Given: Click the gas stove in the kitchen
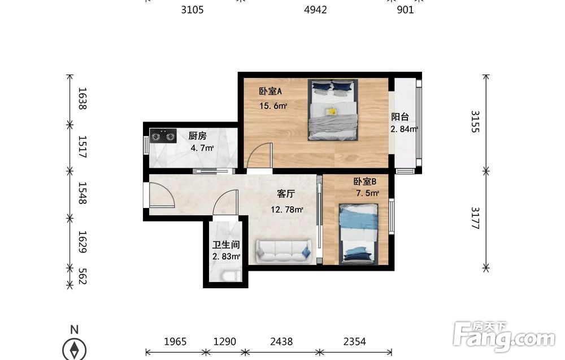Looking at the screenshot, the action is click(163, 136).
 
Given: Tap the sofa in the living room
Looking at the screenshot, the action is click(284, 251).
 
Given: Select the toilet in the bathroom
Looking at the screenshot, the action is click(231, 276).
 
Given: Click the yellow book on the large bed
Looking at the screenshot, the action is click(331, 112).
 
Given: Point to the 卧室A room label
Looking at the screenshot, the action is click(270, 91).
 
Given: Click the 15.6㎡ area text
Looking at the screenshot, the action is click(273, 106).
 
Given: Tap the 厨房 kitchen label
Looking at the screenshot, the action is click(197, 136).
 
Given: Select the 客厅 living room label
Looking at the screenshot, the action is click(286, 194).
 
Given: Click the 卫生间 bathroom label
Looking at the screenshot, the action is click(226, 245).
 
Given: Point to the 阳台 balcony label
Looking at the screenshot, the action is click(400, 117).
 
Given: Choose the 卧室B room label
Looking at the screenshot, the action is click(364, 181).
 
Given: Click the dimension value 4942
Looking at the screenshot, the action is click(315, 10).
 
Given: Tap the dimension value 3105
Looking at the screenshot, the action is click(192, 10).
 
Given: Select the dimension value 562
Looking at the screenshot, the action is click(82, 276).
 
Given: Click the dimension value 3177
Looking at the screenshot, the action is click(476, 218).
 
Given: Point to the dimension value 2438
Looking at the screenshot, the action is click(281, 341).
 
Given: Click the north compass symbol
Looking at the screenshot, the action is click(75, 348).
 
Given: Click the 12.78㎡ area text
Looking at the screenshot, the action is click(287, 209).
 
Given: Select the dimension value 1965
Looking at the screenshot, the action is click(175, 341).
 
